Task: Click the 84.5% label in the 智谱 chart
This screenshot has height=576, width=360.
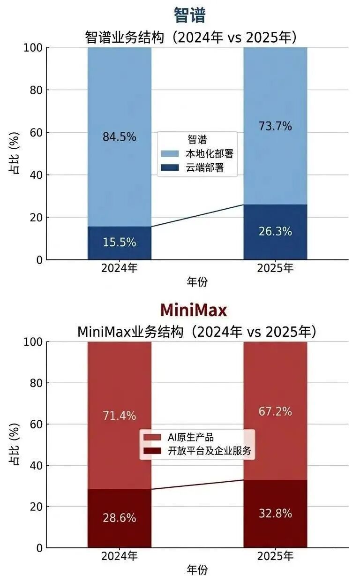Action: click(x=120, y=137)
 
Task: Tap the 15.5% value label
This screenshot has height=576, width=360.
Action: click(x=120, y=242)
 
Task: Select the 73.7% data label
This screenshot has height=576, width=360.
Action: click(x=275, y=126)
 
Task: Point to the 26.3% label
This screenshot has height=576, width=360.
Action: click(x=275, y=231)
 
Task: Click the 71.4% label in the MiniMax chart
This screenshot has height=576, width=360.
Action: click(x=120, y=416)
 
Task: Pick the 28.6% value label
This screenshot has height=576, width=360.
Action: click(x=120, y=518)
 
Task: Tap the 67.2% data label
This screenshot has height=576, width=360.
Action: click(x=275, y=411)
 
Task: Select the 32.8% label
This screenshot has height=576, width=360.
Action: click(x=275, y=513)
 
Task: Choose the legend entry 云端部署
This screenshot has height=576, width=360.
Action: click(x=205, y=167)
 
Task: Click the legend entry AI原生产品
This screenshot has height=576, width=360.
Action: click(x=190, y=437)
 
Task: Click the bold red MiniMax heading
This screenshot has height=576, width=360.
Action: click(x=193, y=311)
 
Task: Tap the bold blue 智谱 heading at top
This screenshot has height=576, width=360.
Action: click(x=189, y=15)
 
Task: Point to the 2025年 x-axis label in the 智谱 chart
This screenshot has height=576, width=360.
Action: click(x=275, y=268)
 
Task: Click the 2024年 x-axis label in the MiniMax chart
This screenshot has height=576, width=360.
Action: click(x=120, y=556)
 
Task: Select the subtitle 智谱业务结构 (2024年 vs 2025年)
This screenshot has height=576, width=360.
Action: click(x=191, y=37)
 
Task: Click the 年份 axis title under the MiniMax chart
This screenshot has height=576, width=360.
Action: click(x=197, y=569)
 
